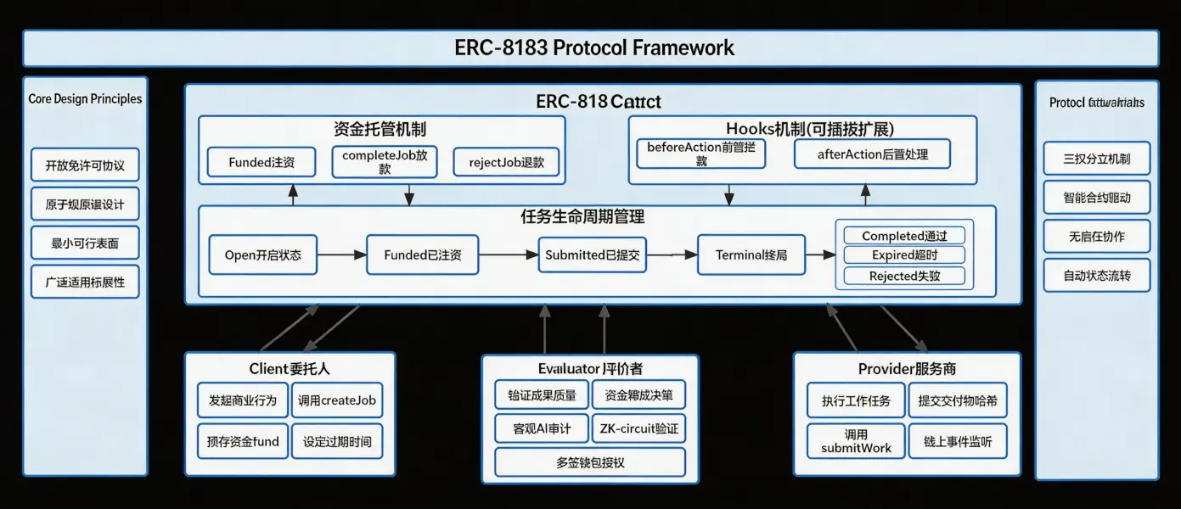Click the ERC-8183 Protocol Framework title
tap(594, 48)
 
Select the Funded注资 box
tap(262, 162)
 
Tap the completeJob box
tap(385, 162)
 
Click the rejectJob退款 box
tap(506, 162)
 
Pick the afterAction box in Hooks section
tap(872, 154)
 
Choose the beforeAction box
tap(701, 154)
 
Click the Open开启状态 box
tap(262, 255)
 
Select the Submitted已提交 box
tap(592, 255)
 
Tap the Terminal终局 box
tap(751, 255)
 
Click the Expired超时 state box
tap(905, 255)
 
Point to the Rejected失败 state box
tap(905, 276)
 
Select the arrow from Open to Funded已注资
tap(341, 255)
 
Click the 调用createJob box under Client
tap(336, 400)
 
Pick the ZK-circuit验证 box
tap(638, 428)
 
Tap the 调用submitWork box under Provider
tap(856, 441)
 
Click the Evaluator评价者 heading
tap(589, 368)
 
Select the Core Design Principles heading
tap(85, 98)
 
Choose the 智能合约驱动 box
tap(1096, 198)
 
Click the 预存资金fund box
tap(243, 441)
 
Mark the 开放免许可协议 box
tap(85, 165)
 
